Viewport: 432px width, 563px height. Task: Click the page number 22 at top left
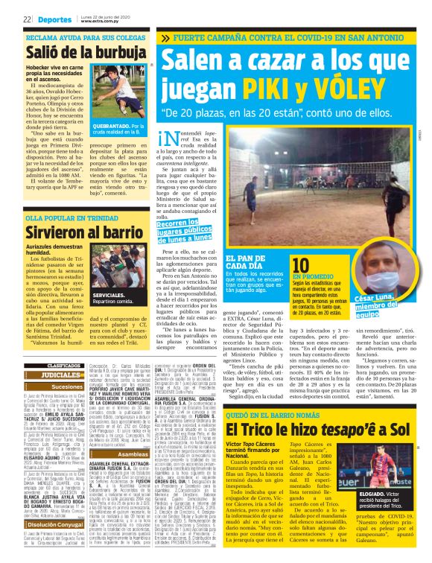(x=26, y=20)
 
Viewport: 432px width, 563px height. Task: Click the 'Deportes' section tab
(x=53, y=20)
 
